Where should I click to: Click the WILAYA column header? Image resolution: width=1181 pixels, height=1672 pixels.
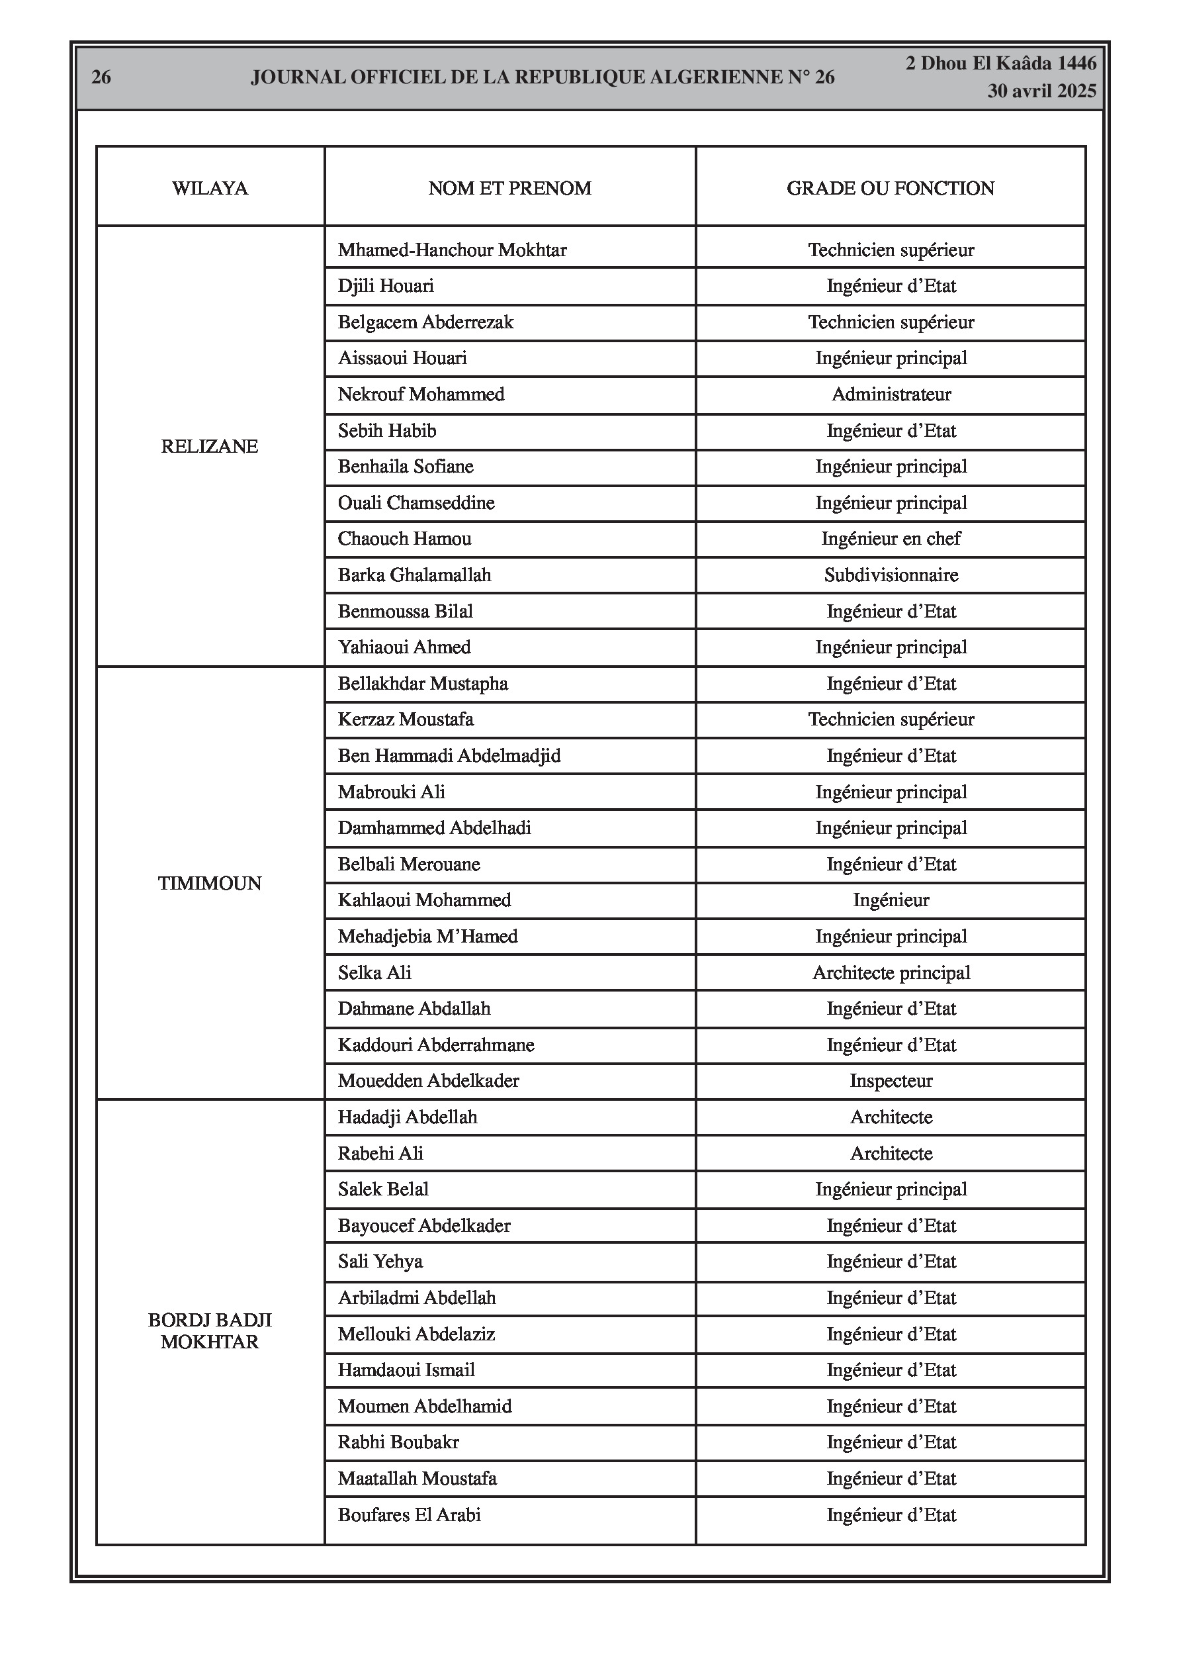tap(210, 189)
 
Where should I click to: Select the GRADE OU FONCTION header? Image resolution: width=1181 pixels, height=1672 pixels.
tap(890, 189)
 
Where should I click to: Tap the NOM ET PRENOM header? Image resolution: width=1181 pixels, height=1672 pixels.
tap(509, 189)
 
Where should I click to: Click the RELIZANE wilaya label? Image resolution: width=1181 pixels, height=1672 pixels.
tap(210, 446)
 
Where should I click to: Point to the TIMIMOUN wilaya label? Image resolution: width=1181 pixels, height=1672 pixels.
tap(210, 884)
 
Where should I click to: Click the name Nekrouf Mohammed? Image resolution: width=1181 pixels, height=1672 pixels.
tap(421, 395)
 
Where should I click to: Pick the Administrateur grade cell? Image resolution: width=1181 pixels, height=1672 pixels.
tap(891, 395)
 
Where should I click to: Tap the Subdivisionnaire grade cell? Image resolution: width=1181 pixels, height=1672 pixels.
tap(891, 575)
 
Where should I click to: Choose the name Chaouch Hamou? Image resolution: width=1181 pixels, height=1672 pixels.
tap(404, 539)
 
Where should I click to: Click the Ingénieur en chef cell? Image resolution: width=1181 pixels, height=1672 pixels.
tap(891, 539)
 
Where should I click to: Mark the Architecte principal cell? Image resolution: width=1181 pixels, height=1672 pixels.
tap(891, 973)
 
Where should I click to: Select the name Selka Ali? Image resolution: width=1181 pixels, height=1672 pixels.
tap(374, 973)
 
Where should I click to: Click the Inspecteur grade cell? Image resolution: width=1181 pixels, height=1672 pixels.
tap(891, 1081)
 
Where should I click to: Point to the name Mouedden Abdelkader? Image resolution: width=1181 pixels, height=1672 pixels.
tap(428, 1081)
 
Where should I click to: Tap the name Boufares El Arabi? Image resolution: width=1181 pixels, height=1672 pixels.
tap(409, 1514)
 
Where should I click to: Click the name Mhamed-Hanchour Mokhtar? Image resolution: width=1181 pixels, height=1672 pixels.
tap(452, 250)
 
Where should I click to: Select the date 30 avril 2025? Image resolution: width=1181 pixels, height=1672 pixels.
tap(1041, 91)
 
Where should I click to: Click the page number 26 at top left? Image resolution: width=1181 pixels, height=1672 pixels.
tap(101, 77)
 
